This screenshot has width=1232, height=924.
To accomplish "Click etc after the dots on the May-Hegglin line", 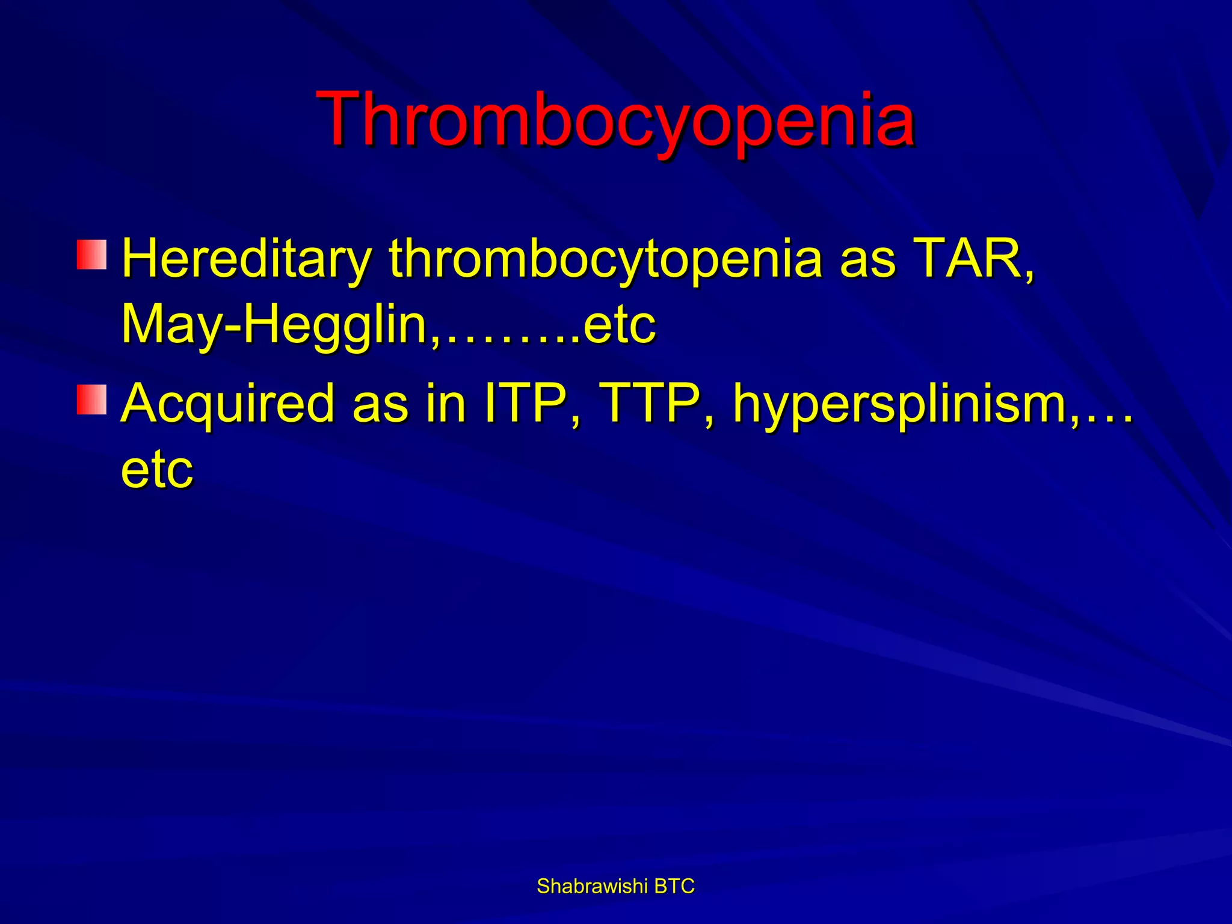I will point(619,325).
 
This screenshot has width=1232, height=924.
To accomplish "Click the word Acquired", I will point(227,404).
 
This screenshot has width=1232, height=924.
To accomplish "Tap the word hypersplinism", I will point(900,405).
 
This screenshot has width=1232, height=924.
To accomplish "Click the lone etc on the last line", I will point(157,470).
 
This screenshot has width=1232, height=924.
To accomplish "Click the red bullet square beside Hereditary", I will point(91,254).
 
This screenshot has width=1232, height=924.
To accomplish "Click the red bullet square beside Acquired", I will point(91,400).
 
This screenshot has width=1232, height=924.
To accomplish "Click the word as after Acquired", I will point(380,405).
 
